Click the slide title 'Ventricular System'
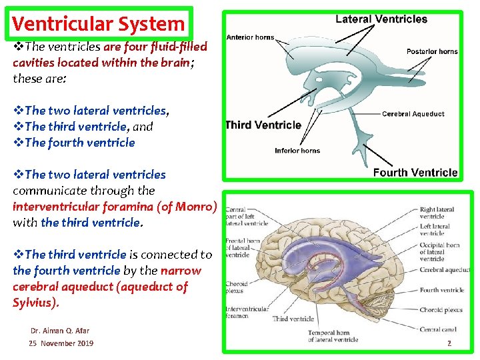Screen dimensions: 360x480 coord(98,24)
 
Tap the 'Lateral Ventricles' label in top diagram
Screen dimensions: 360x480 coord(381,19)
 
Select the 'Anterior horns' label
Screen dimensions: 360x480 coord(250,37)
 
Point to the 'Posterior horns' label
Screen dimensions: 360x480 coord(432,51)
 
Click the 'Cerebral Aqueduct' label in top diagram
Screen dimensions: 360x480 coord(413,114)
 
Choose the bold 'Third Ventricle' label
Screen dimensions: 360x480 coord(263,125)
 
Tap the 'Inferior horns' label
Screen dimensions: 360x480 coord(297,151)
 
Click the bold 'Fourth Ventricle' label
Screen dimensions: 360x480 coord(415,173)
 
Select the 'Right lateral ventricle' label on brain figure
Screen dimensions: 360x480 coord(437,213)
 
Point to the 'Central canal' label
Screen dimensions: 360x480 coord(438,329)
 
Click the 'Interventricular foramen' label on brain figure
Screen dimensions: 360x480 coord(247,313)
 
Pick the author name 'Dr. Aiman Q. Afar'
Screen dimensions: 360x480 coord(60,330)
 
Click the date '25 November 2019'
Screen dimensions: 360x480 coord(61,343)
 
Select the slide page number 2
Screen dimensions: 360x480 coord(449,343)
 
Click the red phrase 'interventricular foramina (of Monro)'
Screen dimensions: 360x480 coord(115,207)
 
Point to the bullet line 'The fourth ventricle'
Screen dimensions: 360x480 coord(79,143)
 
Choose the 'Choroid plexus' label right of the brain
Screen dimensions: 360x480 coord(441,310)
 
